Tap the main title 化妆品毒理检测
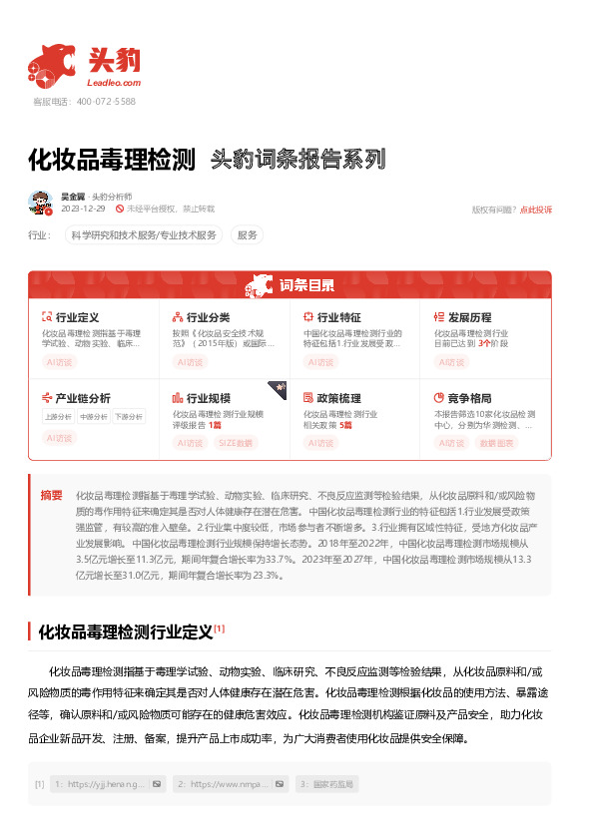pyautogui.click(x=111, y=159)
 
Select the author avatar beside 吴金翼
pyautogui.click(x=40, y=203)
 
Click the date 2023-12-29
pyautogui.click(x=83, y=210)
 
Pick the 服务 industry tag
pyautogui.click(x=248, y=235)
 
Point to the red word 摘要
pyautogui.click(x=51, y=495)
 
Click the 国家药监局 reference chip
pyautogui.click(x=332, y=784)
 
